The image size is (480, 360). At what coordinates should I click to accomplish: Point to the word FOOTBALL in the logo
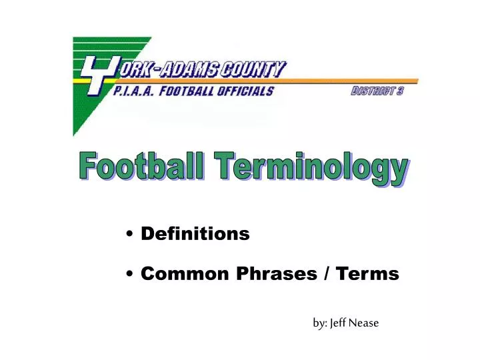(190, 91)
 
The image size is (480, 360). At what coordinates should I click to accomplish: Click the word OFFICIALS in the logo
(247, 91)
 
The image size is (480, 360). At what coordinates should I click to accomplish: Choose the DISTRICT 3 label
(377, 92)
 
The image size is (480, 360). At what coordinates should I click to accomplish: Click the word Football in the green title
(139, 167)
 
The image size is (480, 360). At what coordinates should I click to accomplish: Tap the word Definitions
(195, 234)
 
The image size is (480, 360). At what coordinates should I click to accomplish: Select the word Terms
(367, 273)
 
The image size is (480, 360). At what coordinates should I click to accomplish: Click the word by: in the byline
(319, 323)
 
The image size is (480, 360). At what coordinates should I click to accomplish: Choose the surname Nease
(365, 323)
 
